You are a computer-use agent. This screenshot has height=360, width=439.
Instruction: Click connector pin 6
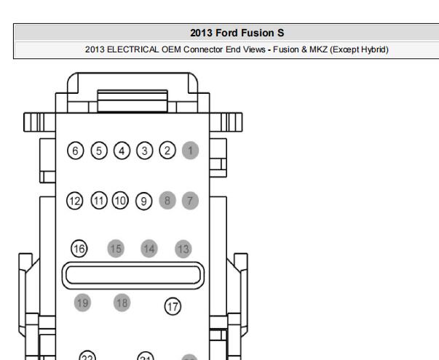point(75,151)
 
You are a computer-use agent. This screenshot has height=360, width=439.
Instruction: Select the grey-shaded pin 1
point(191,151)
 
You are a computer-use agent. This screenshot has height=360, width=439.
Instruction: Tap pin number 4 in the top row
point(122,151)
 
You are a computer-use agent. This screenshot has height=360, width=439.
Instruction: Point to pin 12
point(75,201)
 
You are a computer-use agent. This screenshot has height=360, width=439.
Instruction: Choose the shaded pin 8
point(167,200)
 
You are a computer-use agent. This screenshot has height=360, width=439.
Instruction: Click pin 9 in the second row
point(144,201)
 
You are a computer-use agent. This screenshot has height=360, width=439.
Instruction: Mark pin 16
point(79,249)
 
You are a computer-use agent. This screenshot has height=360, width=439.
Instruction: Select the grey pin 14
point(149,249)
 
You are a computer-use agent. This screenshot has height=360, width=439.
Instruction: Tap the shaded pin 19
point(82,303)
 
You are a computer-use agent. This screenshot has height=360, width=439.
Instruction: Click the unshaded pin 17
point(173,306)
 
